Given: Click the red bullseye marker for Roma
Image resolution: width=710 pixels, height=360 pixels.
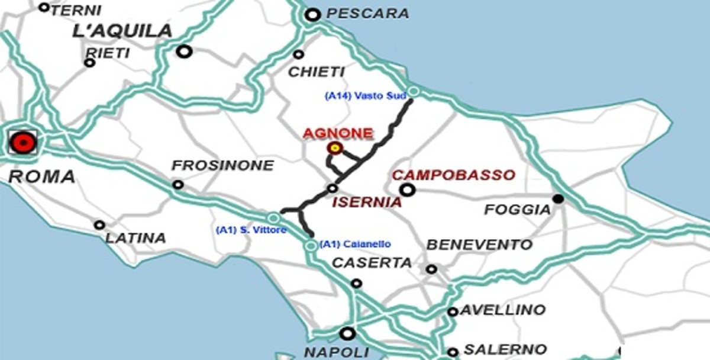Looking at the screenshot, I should [23, 142].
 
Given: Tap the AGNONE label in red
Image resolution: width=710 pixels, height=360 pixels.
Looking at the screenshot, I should [338, 133].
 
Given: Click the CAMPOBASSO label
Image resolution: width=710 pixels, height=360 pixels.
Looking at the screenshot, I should [454, 175].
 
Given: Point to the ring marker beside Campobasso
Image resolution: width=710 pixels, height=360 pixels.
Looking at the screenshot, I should [407, 190].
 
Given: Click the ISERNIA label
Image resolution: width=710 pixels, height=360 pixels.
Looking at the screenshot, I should [367, 202].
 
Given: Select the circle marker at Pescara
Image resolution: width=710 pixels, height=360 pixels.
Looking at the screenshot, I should [313, 15].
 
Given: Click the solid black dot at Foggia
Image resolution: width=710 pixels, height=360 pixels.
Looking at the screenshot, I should [557, 199].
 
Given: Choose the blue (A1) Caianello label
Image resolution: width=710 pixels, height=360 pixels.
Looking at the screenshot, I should [355, 244].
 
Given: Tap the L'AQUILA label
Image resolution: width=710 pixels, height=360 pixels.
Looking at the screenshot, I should [122, 31].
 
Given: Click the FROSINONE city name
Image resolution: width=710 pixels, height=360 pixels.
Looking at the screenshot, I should [222, 165].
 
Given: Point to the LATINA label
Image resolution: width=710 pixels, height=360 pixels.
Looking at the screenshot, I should [135, 238].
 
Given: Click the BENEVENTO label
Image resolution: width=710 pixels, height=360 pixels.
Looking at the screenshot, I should [480, 245].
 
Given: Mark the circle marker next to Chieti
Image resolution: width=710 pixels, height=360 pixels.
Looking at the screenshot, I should [299, 54].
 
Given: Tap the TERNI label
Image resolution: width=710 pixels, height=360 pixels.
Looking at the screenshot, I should [76, 9].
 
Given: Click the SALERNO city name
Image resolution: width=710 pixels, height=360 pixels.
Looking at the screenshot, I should [505, 349].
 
